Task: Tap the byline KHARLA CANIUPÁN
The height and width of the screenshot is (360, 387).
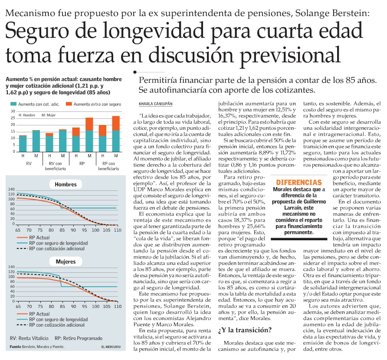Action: coord(156,104)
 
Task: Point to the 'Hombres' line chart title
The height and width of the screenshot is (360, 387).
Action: coord(66,184)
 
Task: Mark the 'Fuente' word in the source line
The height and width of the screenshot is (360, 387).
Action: coord(16,347)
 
